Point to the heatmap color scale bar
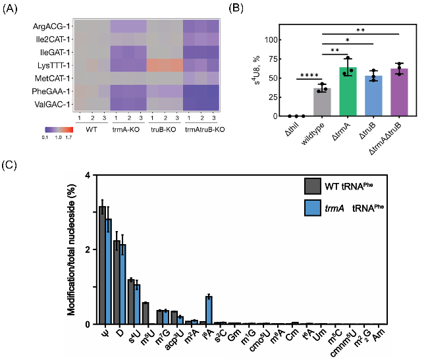(55, 129)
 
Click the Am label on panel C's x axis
(376, 336)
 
